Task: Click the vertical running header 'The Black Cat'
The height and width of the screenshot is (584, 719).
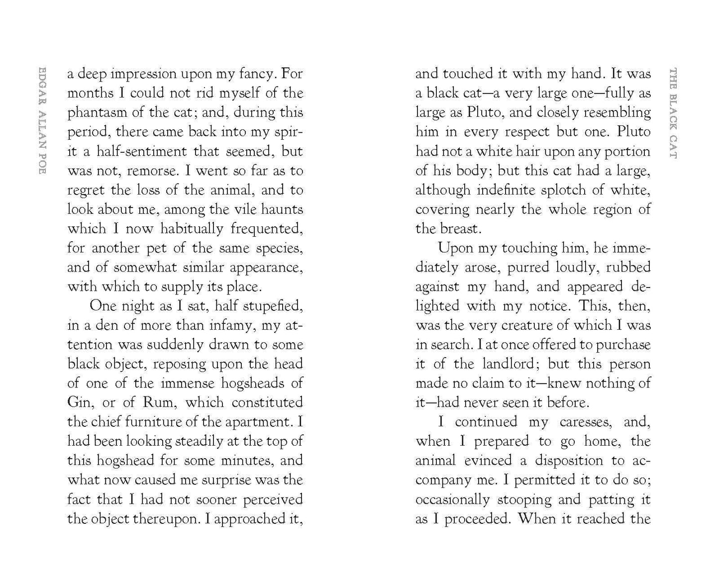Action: pyautogui.click(x=673, y=113)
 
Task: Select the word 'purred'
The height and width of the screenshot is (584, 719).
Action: pyautogui.click(x=529, y=268)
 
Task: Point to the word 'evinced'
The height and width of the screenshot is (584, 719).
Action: pyautogui.click(x=488, y=461)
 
